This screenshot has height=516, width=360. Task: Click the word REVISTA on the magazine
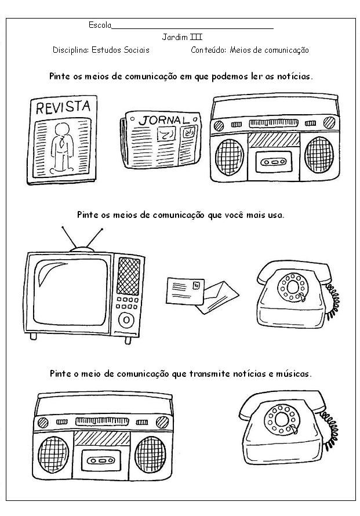pyautogui.click(x=63, y=107)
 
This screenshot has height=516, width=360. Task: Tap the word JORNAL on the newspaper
pyautogui.click(x=164, y=120)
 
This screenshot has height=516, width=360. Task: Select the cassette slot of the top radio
pyautogui.click(x=274, y=161)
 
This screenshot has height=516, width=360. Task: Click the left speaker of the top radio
pyautogui.click(x=230, y=157)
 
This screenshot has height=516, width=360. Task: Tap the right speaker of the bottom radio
pyautogui.click(x=150, y=455)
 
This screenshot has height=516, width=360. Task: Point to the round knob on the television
pyautogui.click(x=126, y=319)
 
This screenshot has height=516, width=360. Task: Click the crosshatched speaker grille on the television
pyautogui.click(x=128, y=276)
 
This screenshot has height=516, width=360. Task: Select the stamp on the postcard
pyautogui.click(x=197, y=285)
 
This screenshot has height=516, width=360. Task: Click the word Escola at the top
pyautogui.click(x=100, y=25)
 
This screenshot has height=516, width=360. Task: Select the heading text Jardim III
pyautogui.click(x=182, y=37)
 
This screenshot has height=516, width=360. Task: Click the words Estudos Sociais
pyautogui.click(x=121, y=50)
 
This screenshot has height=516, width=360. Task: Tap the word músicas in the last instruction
pyautogui.click(x=293, y=374)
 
